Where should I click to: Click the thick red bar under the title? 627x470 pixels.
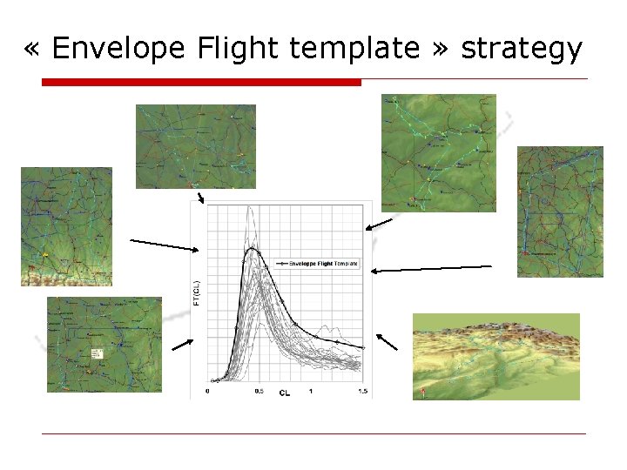pyautogui.click(x=201, y=82)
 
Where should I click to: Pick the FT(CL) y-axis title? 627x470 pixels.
pyautogui.click(x=197, y=292)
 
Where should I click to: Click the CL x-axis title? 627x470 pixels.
pyautogui.click(x=285, y=393)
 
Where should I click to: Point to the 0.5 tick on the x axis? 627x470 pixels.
pyautogui.click(x=259, y=392)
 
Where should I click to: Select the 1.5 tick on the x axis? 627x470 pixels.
pyautogui.click(x=361, y=392)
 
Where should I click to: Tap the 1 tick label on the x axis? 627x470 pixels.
pyautogui.click(x=311, y=392)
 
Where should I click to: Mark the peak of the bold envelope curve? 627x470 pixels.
pyautogui.click(x=252, y=249)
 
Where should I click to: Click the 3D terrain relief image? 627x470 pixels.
pyautogui.click(x=496, y=357)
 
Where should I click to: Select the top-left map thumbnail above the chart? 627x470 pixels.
pyautogui.click(x=196, y=146)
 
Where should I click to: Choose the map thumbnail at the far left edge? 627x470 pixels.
pyautogui.click(x=66, y=226)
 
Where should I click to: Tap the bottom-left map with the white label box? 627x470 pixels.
pyautogui.click(x=104, y=345)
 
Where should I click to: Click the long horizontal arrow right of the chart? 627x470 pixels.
pyautogui.click(x=431, y=269)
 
